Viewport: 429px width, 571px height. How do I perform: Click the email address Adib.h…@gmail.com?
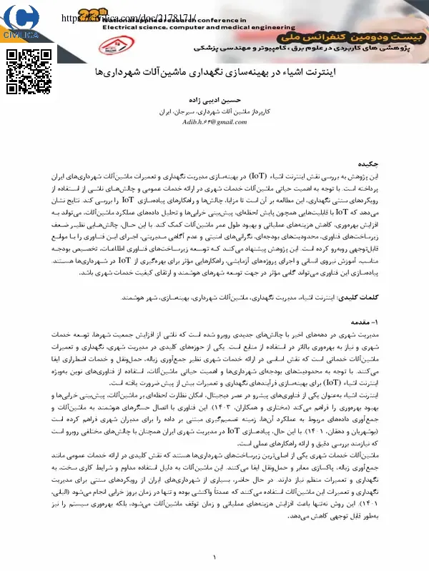click(214, 123)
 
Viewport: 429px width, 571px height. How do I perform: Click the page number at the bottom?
click(214, 558)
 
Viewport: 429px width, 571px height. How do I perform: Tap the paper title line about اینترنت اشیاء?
click(214, 74)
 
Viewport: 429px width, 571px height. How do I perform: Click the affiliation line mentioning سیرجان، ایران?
click(214, 112)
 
